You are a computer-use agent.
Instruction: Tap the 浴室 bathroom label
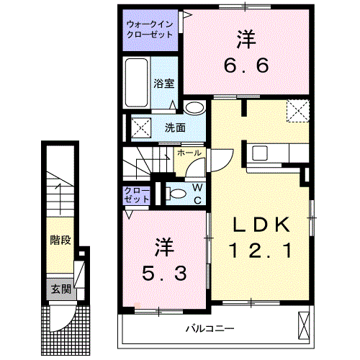[x=163, y=84]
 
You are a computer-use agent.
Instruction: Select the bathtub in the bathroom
[x=137, y=83]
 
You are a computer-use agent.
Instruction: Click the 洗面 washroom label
[x=175, y=128]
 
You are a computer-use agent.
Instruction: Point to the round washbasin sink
[x=194, y=108]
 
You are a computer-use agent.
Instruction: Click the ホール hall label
[x=189, y=153]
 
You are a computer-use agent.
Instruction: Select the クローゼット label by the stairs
[x=135, y=194]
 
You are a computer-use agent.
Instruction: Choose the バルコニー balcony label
[x=209, y=328]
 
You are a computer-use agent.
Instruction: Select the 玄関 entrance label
[x=60, y=289]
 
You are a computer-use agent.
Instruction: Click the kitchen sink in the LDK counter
[x=259, y=153]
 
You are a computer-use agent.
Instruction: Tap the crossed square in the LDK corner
[x=297, y=112]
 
